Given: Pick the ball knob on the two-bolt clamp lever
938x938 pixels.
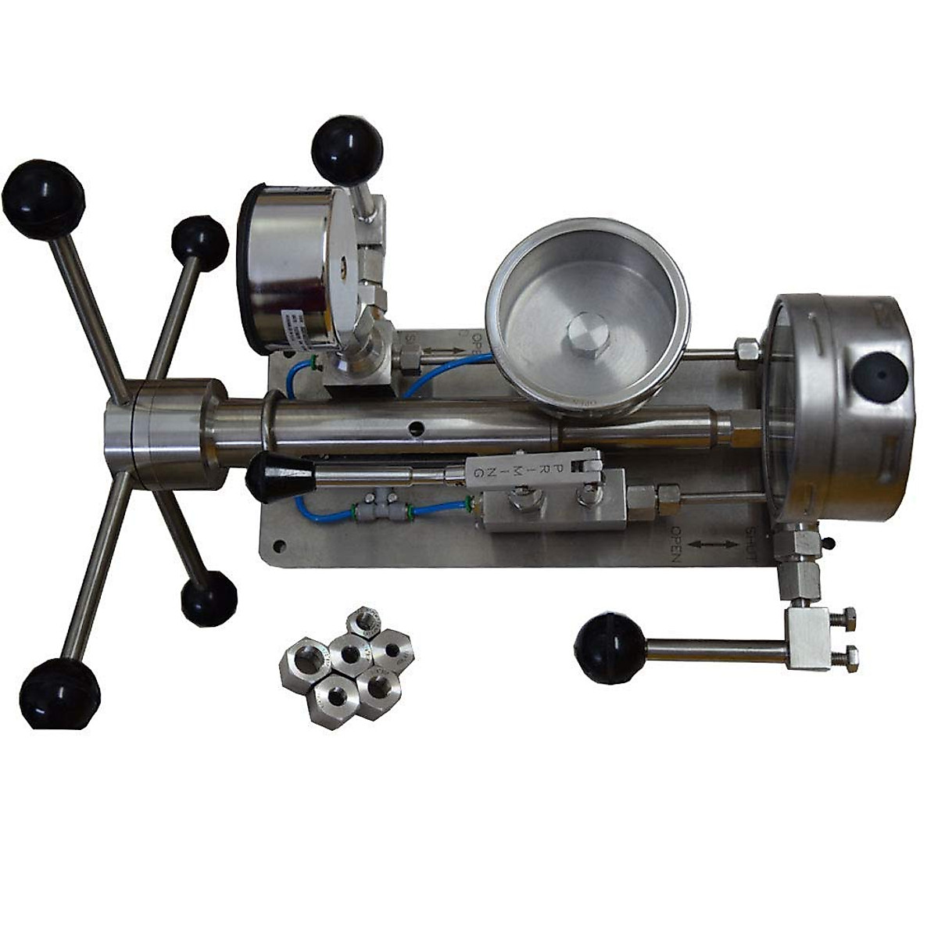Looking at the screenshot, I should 610,648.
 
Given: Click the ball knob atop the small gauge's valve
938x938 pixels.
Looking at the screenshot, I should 346,149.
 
